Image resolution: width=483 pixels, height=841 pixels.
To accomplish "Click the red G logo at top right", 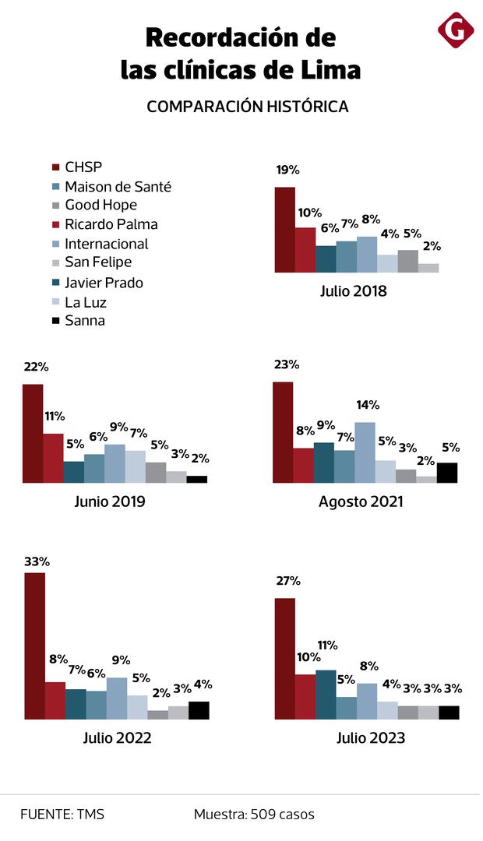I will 456,30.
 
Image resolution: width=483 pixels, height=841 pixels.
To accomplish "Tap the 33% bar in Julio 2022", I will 34,646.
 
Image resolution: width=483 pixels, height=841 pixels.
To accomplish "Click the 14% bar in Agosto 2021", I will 365,452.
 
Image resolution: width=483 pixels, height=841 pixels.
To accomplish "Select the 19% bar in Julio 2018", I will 285,230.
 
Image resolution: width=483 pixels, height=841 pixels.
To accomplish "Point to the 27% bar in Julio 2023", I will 285,659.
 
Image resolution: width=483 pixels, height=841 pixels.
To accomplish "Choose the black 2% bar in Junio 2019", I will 197,479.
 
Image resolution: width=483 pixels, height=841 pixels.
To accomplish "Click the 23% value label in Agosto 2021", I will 286,364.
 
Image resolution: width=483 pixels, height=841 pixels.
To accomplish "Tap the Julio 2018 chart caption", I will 353,292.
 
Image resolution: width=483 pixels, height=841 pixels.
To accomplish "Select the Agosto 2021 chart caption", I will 361,501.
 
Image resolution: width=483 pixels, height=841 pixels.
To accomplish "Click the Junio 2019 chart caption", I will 110,501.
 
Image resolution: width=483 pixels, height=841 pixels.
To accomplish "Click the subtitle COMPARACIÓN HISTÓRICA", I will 248,107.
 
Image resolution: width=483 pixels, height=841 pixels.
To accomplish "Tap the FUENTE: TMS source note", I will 62,815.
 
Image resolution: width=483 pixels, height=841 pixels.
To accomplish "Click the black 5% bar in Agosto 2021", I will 447,473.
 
